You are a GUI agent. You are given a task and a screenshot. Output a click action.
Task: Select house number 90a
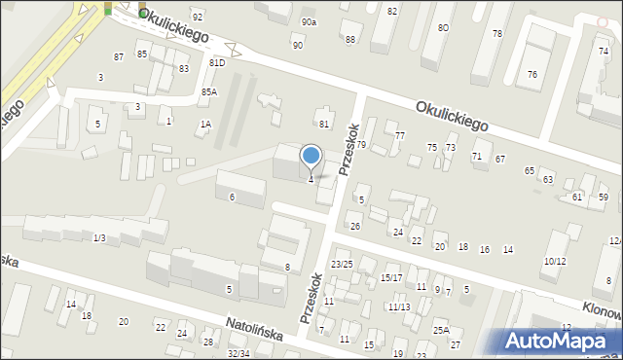click(x=309, y=21)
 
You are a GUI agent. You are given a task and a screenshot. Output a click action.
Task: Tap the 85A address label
click(x=209, y=91)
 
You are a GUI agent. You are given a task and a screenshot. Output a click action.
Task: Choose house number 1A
click(x=205, y=124)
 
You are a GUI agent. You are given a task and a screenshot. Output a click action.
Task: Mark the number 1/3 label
click(x=99, y=238)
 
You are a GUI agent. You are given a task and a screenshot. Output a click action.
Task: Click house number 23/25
click(x=341, y=265)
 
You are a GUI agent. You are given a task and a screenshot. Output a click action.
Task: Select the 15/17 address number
click(x=391, y=278)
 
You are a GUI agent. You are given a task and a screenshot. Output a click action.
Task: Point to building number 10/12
click(x=555, y=262)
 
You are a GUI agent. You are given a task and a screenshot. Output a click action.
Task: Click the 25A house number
click(x=441, y=331)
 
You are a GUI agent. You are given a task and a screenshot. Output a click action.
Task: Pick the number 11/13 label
click(x=398, y=307)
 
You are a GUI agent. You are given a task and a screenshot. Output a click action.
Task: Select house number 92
click(x=198, y=18)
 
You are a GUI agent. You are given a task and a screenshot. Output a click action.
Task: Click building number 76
click(x=532, y=75)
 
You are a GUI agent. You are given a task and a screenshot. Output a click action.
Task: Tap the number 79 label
click(x=360, y=145)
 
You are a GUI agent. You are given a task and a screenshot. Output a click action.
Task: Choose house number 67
click(x=500, y=159)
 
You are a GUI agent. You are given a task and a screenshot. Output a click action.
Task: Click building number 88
click(x=349, y=39)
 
